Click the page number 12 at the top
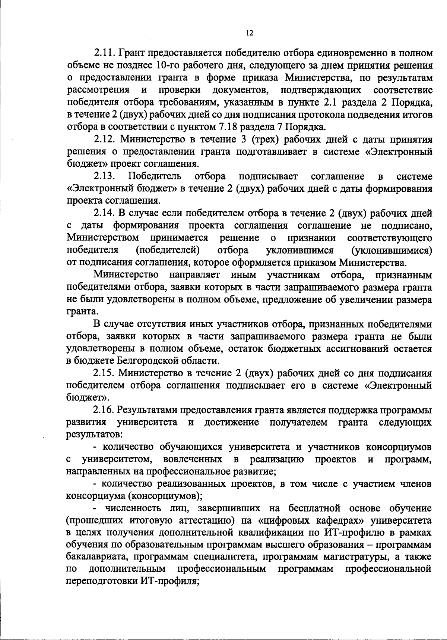click(x=250, y=33)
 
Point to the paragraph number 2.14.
click(x=105, y=213)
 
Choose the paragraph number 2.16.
click(x=105, y=410)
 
